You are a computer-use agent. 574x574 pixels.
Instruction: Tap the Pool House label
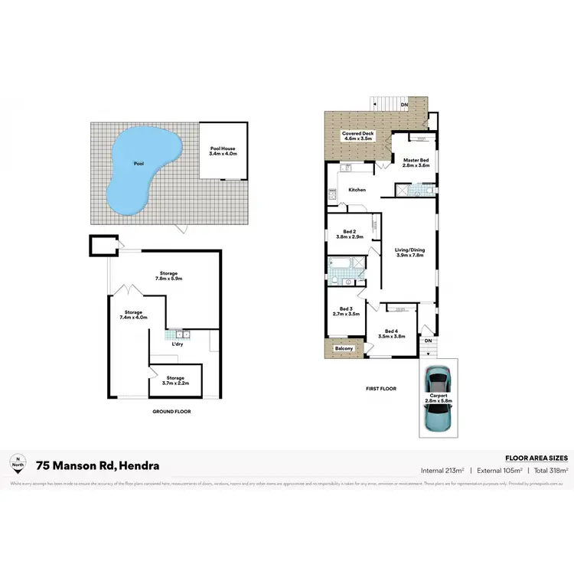223,151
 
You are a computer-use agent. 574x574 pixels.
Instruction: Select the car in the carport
438,396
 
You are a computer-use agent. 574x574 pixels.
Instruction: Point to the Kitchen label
357,190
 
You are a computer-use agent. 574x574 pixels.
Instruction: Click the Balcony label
344,349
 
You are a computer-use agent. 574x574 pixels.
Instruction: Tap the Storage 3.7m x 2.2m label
176,380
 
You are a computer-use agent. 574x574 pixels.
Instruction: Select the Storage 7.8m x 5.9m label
168,276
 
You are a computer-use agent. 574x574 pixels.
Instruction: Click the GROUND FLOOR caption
171,412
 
